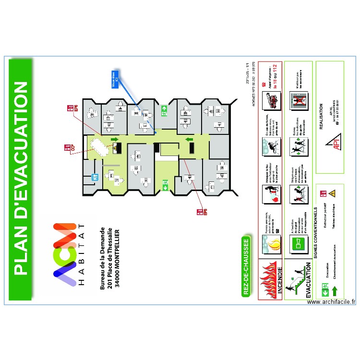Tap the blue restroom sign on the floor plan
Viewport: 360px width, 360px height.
95,176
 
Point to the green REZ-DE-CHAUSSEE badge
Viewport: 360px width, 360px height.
246,267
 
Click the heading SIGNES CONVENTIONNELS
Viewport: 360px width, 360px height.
316,233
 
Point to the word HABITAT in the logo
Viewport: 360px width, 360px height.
82,255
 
